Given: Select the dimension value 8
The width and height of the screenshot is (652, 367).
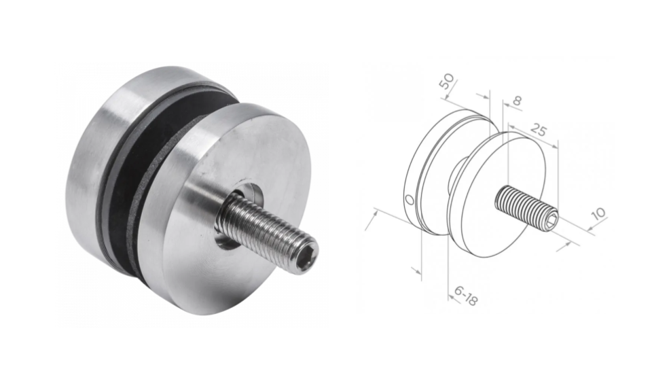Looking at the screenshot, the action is click(x=517, y=101).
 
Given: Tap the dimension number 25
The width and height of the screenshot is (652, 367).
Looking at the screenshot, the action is click(x=539, y=130).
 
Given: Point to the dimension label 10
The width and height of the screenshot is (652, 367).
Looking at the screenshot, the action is click(x=598, y=214).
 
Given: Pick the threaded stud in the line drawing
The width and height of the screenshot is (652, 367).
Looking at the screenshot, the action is click(x=526, y=207).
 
